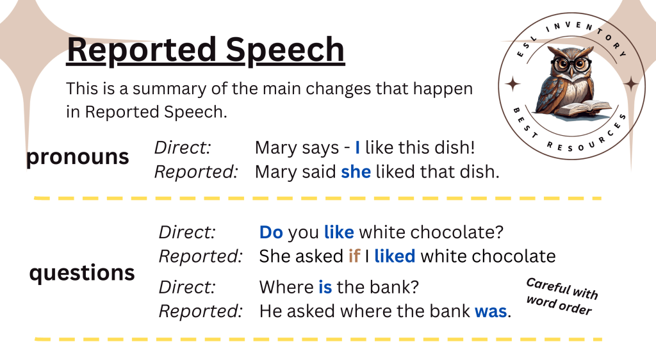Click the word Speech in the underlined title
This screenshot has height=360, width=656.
tap(285, 51)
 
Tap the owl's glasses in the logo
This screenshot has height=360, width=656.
tap(571, 65)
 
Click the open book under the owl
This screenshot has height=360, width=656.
tap(584, 109)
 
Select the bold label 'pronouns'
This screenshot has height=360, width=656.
tap(78, 157)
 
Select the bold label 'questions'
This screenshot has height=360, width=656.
tap(82, 274)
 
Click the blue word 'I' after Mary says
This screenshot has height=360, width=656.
tap(357, 147)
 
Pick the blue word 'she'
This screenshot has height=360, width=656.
tap(356, 172)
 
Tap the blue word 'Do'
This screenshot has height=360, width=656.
tap(271, 233)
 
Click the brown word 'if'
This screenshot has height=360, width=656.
tap(354, 256)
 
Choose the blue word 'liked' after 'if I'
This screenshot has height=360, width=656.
tap(395, 256)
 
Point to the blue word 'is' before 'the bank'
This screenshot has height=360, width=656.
tap(325, 287)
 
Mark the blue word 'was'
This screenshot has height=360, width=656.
tap(491, 311)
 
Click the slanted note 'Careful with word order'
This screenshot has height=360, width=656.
tap(561, 297)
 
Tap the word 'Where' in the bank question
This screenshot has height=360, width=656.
tap(286, 287)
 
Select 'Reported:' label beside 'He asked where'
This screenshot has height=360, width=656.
tap(201, 311)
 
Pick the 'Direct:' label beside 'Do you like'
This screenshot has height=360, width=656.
tap(187, 233)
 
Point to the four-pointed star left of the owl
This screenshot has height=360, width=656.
tap(512, 84)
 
